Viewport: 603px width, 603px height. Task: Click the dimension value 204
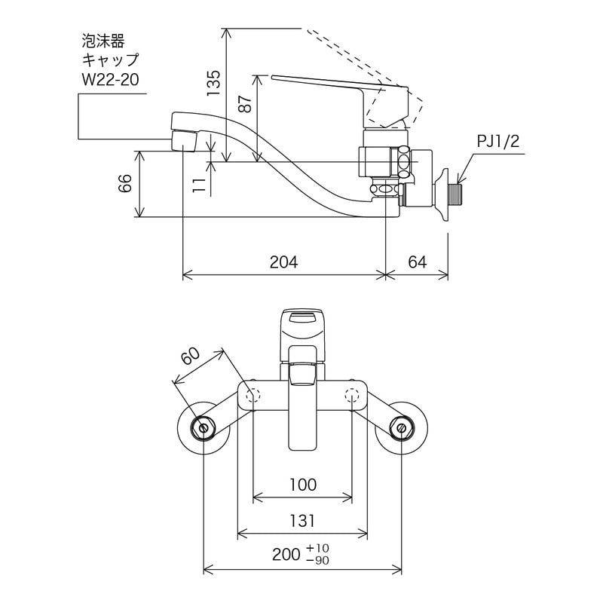point(284,262)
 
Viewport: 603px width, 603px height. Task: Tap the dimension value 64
point(418,262)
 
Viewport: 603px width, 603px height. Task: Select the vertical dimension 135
point(214,84)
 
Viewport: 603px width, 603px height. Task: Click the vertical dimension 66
point(126,183)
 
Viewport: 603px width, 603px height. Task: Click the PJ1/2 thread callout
point(498,142)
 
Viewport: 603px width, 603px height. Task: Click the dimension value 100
point(302,484)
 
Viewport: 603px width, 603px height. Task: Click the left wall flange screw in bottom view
point(204,427)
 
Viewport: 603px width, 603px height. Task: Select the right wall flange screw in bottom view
point(400,427)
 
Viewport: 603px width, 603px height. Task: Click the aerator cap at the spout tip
point(185,141)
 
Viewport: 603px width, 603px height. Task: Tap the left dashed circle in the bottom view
point(253,396)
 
